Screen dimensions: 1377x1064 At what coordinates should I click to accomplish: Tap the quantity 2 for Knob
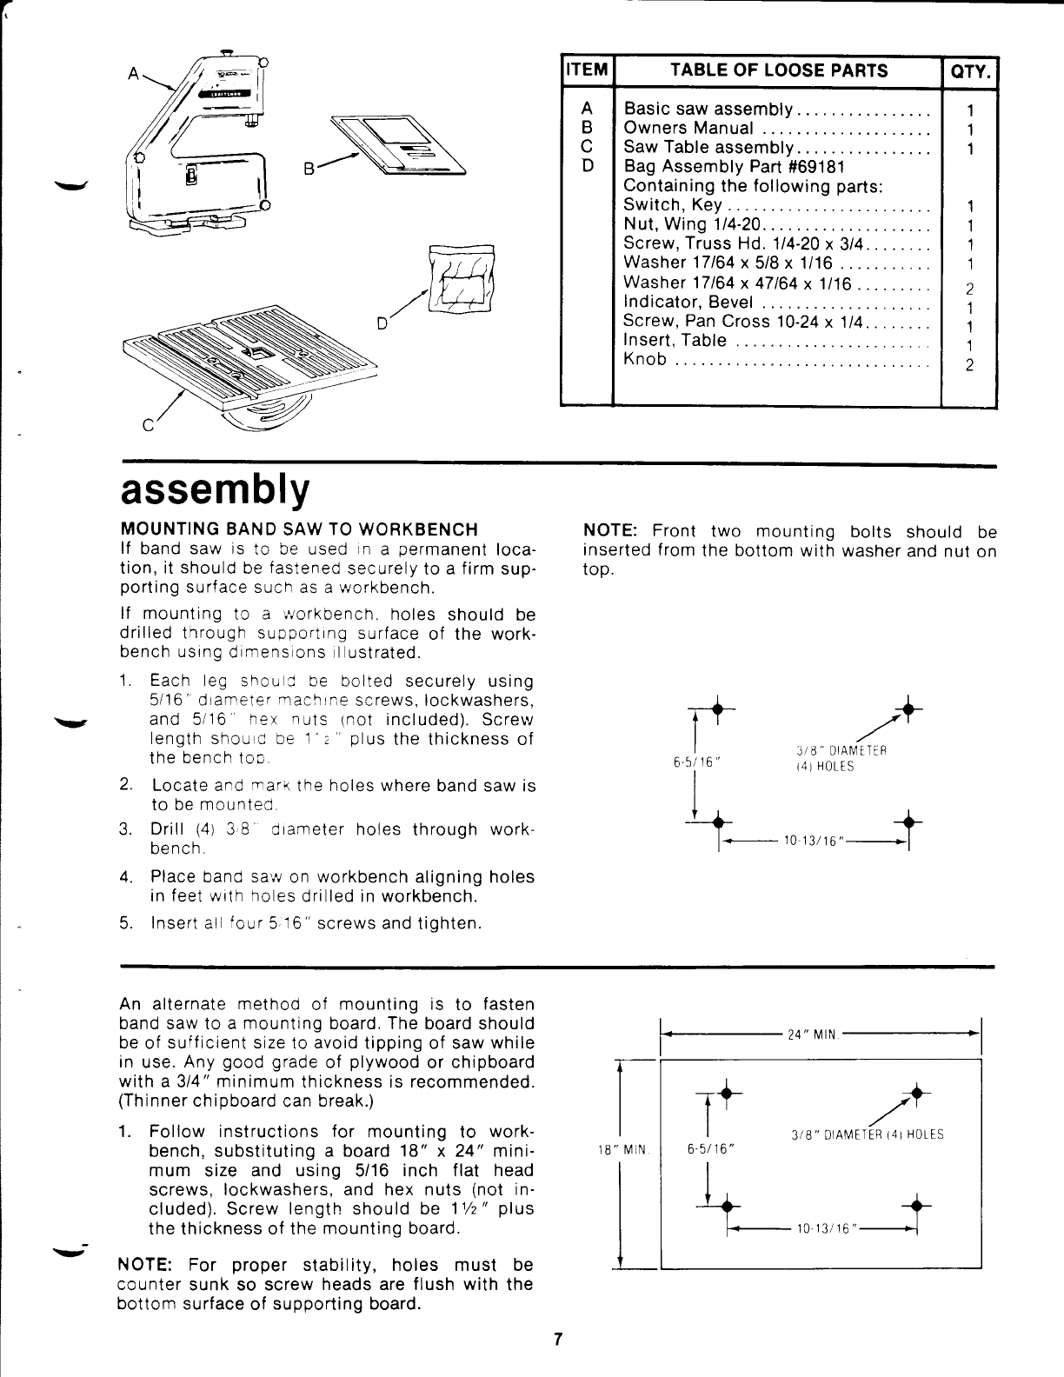(969, 364)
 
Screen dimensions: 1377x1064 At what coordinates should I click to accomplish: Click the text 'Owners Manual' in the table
(688, 129)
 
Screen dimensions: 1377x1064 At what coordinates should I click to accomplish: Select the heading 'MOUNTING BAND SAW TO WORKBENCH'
(298, 529)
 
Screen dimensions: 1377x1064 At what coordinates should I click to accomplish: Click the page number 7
(559, 1340)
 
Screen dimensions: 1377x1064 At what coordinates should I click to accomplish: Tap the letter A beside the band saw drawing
(132, 75)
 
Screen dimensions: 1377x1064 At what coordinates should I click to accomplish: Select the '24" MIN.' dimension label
(810, 1035)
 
